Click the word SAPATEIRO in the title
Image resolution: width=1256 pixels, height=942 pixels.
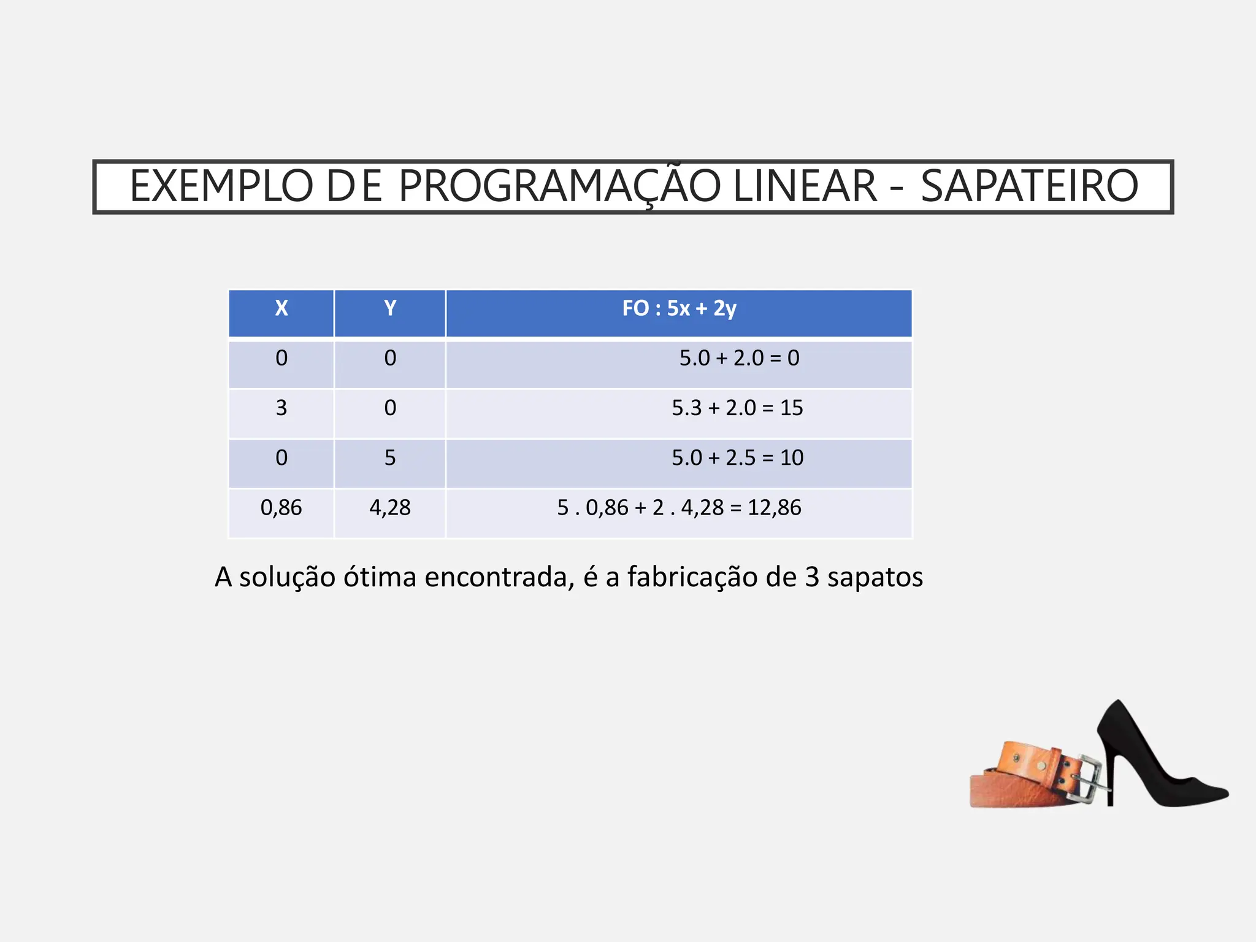click(x=1029, y=186)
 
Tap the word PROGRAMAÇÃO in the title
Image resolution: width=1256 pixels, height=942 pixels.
click(x=559, y=186)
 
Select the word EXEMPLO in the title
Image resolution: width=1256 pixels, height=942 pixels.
click(x=221, y=186)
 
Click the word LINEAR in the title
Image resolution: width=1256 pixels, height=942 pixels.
click(x=805, y=186)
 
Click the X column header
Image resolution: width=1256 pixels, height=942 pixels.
click(x=281, y=308)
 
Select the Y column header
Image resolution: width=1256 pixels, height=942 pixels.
click(x=390, y=308)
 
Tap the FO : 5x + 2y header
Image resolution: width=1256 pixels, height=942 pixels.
click(x=679, y=308)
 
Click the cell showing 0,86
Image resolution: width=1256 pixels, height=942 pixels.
click(x=281, y=508)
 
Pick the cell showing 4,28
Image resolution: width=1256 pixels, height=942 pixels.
click(x=390, y=508)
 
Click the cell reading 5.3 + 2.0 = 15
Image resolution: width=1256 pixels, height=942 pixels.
click(x=737, y=408)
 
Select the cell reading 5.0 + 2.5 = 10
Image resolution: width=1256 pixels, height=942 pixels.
click(x=737, y=458)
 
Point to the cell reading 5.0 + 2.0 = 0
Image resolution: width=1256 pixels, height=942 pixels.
click(x=739, y=358)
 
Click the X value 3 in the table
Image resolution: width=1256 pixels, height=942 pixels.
click(x=281, y=408)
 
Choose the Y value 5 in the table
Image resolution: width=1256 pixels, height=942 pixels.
click(x=390, y=458)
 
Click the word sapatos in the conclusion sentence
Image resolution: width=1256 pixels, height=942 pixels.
click(x=875, y=578)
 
